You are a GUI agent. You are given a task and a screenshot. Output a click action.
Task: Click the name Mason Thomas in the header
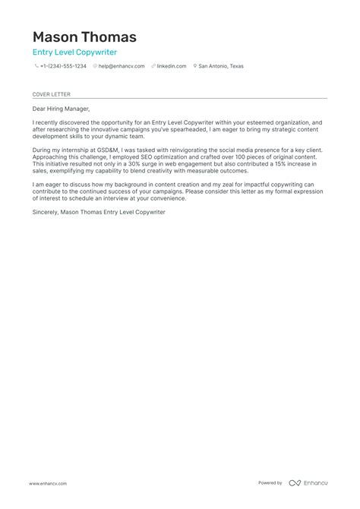tap(84, 36)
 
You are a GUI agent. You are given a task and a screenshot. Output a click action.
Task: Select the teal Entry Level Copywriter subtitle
tap(74, 52)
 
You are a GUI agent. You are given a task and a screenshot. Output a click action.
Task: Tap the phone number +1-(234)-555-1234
tap(63, 67)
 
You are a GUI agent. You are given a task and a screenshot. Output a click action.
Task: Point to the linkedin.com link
tap(172, 67)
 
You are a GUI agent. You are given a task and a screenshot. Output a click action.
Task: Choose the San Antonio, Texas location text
tap(221, 67)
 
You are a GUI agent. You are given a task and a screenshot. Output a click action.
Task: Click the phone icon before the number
tap(36, 67)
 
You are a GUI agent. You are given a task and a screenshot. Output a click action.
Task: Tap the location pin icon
tap(195, 67)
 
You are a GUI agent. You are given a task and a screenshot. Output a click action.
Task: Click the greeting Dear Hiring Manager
tap(61, 109)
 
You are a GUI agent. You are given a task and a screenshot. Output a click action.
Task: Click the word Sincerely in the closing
tap(45, 212)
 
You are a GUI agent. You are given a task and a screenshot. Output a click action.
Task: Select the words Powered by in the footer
tap(270, 483)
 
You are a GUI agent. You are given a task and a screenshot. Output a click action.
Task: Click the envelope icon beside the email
tap(95, 67)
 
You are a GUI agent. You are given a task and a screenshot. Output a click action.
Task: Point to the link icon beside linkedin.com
tap(153, 67)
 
